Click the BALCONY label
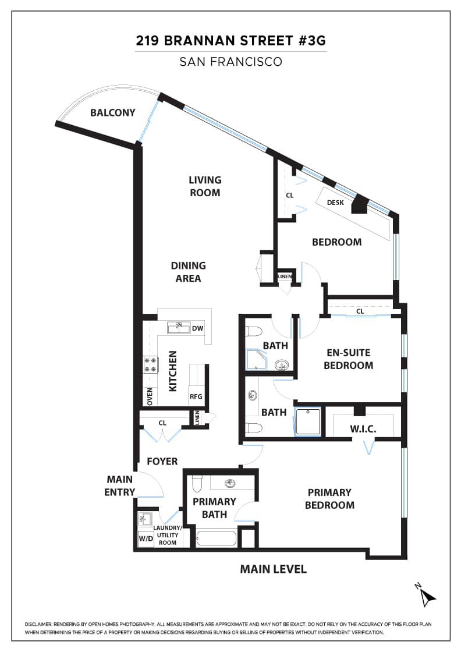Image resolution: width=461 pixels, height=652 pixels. point(113,113)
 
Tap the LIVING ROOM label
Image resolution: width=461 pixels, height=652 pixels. point(205,186)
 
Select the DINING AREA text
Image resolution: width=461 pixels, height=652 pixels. point(189,272)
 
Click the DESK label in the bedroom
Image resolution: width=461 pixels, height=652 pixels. point(335,203)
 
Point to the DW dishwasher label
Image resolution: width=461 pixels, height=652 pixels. point(198,328)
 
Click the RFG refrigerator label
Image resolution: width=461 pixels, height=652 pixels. point(196,396)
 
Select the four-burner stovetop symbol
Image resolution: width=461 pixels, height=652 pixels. point(151,364)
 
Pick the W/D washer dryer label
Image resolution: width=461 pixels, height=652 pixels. point(146,538)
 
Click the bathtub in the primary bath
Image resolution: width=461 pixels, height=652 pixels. point(216,538)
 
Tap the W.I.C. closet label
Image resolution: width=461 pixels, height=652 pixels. point(363,428)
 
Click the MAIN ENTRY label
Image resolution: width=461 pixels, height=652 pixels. point(120,486)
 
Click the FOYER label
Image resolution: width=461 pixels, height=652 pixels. point(162,461)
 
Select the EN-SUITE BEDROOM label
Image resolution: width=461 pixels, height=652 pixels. point(348,359)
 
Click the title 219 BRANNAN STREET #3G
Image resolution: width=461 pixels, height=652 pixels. point(230,41)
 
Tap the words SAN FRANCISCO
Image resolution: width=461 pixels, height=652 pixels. point(230,62)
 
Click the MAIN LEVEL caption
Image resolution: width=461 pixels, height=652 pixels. point(273,569)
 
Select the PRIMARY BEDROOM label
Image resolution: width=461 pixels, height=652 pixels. point(329,498)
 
